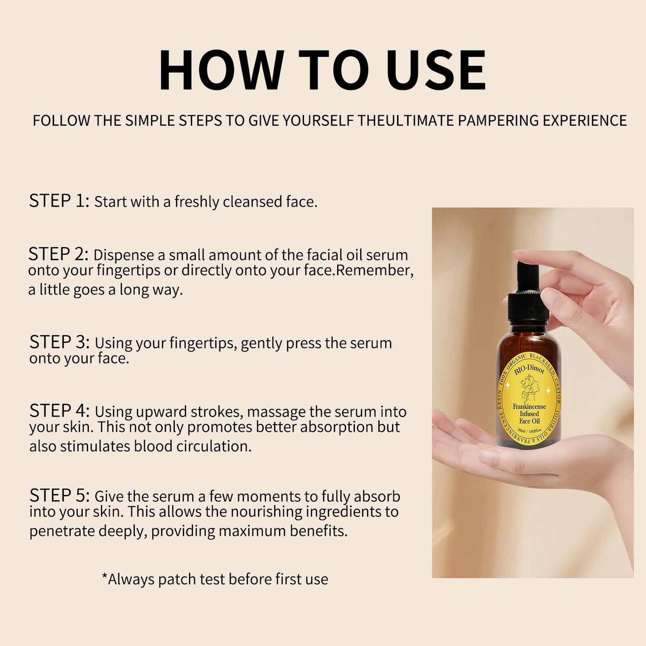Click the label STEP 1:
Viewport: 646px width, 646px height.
coord(59,201)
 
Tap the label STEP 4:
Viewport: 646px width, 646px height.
coord(59,410)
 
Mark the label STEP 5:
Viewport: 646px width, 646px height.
coord(59,495)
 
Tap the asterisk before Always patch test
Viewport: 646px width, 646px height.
coord(105,577)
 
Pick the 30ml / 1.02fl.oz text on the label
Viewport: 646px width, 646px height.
coord(529,430)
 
